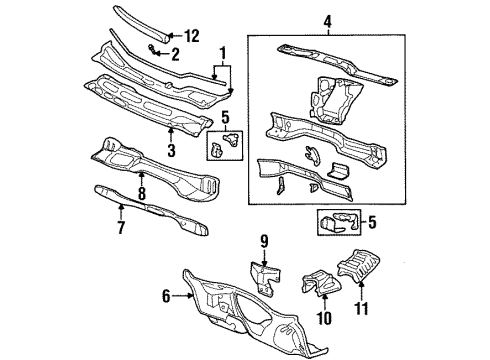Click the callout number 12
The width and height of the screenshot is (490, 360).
(192, 36)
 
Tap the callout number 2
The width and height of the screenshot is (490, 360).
(176, 55)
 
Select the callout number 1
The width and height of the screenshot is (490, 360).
(222, 53)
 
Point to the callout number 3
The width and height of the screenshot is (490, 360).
(171, 150)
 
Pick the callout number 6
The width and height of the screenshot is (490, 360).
(165, 296)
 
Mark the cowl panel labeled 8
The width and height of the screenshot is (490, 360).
(160, 165)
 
